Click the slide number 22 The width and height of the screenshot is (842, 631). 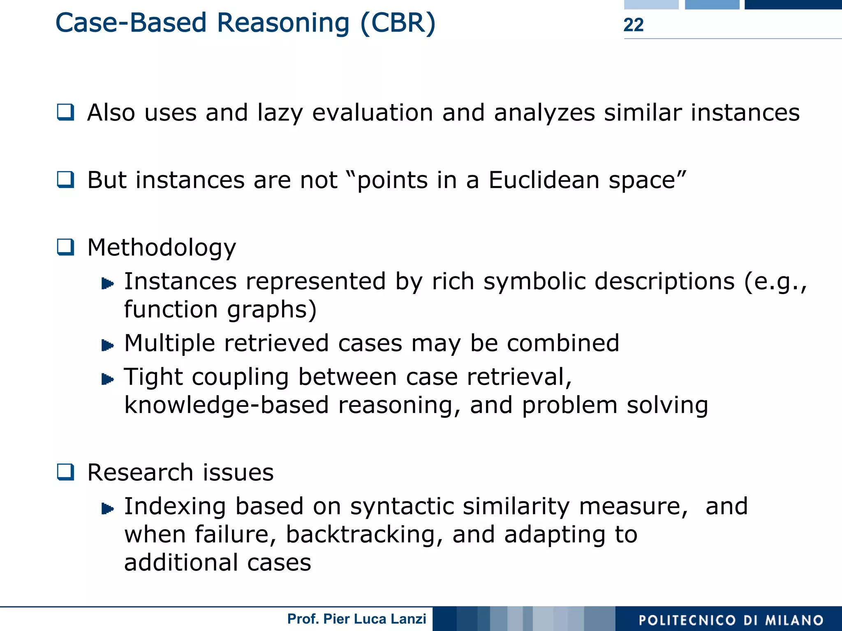[633, 25]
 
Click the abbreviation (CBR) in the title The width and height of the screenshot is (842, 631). [398, 23]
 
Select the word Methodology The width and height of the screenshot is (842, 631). [162, 248]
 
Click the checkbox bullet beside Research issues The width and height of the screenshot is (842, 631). [65, 472]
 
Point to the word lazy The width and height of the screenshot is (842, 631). [280, 113]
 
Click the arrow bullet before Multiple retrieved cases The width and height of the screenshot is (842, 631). [107, 345]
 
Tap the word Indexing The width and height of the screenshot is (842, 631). [175, 506]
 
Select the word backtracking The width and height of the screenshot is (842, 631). [364, 535]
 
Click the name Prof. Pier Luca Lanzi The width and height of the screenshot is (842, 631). [356, 619]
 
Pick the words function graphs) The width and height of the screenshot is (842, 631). [220, 309]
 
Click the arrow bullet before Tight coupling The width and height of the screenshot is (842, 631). [107, 379]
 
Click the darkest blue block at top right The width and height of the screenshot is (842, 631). [793, 5]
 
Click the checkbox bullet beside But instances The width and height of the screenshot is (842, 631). [65, 180]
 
